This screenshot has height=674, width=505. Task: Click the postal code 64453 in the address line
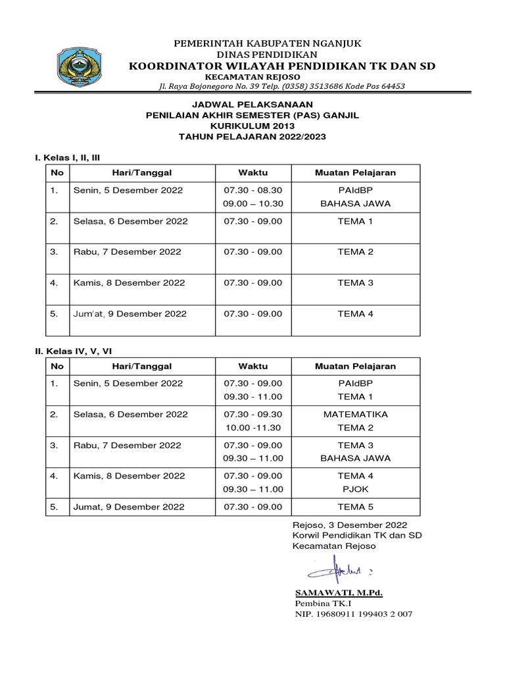pyautogui.click(x=391, y=86)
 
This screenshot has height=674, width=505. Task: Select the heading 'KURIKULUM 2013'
pyautogui.click(x=252, y=126)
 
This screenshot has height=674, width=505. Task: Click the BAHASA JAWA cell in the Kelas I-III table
pyautogui.click(x=355, y=203)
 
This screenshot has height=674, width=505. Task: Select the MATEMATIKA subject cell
pyautogui.click(x=355, y=415)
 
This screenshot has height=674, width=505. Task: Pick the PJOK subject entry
pyautogui.click(x=355, y=489)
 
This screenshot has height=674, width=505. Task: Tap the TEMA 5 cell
pyautogui.click(x=355, y=507)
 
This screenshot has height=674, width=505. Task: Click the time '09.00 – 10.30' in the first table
pyautogui.click(x=253, y=203)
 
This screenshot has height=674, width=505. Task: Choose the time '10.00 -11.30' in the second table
pyautogui.click(x=253, y=427)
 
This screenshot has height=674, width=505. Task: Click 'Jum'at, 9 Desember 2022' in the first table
pyautogui.click(x=130, y=314)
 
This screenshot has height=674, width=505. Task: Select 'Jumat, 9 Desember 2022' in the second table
pyautogui.click(x=129, y=507)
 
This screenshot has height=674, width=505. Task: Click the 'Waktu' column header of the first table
pyautogui.click(x=253, y=172)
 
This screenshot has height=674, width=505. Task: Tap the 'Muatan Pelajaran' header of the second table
pyautogui.click(x=355, y=366)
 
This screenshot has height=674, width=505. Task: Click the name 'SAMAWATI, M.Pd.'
pyautogui.click(x=339, y=593)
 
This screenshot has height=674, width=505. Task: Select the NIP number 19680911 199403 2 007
pyautogui.click(x=353, y=614)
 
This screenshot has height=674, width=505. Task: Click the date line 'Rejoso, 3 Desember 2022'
pyautogui.click(x=350, y=525)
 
